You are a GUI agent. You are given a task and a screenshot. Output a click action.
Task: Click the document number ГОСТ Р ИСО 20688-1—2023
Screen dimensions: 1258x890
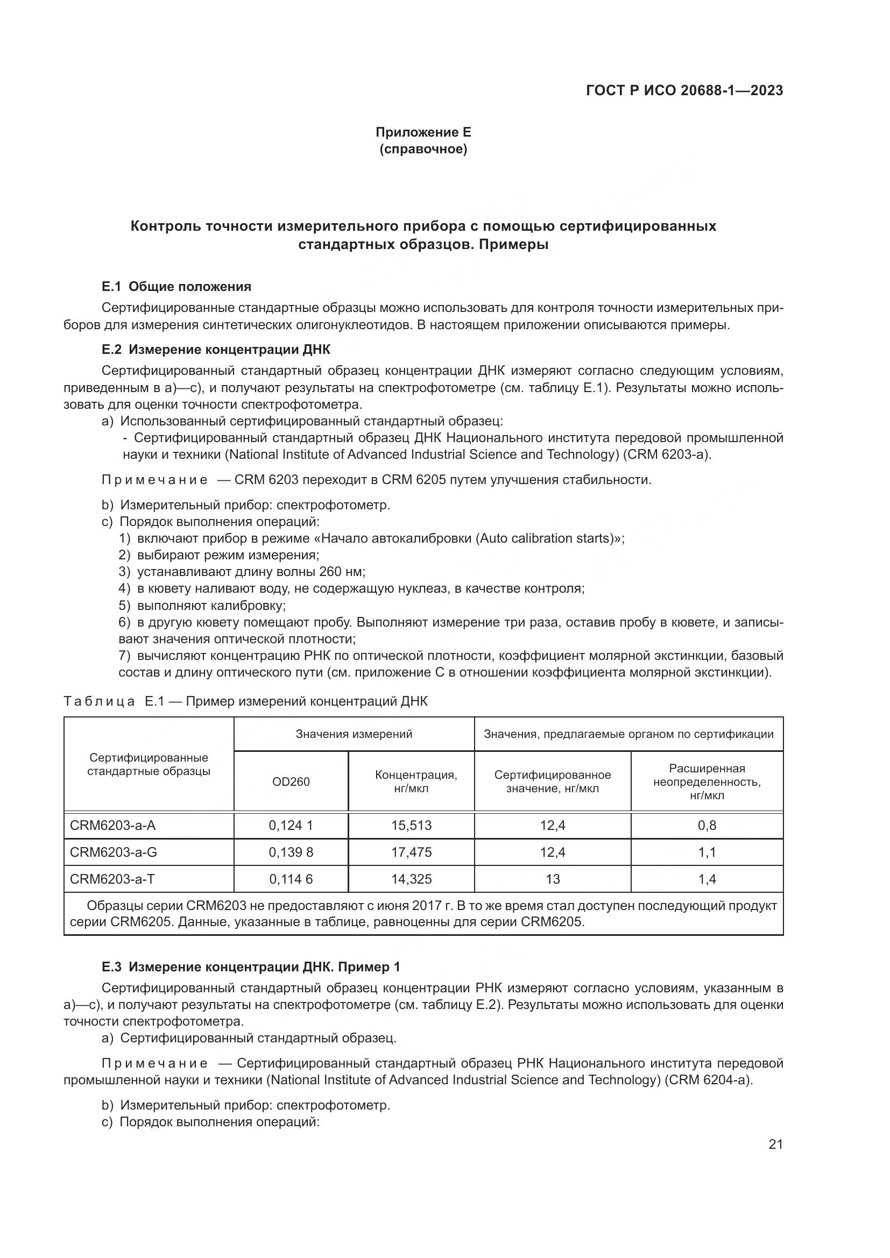[x=684, y=90]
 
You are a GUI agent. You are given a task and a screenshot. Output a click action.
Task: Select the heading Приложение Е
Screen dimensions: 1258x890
[x=423, y=132]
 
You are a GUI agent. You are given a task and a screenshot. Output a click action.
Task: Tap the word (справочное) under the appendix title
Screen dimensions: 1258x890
[x=423, y=149]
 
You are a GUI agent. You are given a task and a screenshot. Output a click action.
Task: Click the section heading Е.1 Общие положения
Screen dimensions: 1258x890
[x=176, y=287]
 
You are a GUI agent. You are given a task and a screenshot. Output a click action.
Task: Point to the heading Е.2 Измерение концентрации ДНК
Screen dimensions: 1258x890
[x=216, y=350]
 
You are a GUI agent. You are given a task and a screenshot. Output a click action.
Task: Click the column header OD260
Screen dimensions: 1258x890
[x=291, y=782]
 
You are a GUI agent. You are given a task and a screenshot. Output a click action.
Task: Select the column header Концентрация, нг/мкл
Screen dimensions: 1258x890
[x=411, y=782]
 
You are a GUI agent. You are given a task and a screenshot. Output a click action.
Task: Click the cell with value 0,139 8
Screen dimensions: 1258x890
[x=291, y=852]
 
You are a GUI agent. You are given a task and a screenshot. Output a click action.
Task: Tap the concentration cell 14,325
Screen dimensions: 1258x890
[x=411, y=879]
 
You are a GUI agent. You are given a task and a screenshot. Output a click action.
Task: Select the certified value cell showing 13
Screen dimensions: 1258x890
[x=553, y=879]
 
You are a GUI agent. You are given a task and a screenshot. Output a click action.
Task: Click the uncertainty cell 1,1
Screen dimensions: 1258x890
[x=707, y=852]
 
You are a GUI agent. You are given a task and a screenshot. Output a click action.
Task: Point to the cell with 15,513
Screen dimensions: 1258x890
[x=411, y=826]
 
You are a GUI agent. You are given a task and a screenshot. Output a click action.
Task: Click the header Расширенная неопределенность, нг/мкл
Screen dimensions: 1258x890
[x=707, y=782]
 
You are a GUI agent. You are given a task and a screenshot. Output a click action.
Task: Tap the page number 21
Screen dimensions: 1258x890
[x=775, y=1145]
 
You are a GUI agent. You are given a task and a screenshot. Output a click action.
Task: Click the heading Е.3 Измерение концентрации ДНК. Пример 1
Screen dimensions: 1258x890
[x=250, y=967]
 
